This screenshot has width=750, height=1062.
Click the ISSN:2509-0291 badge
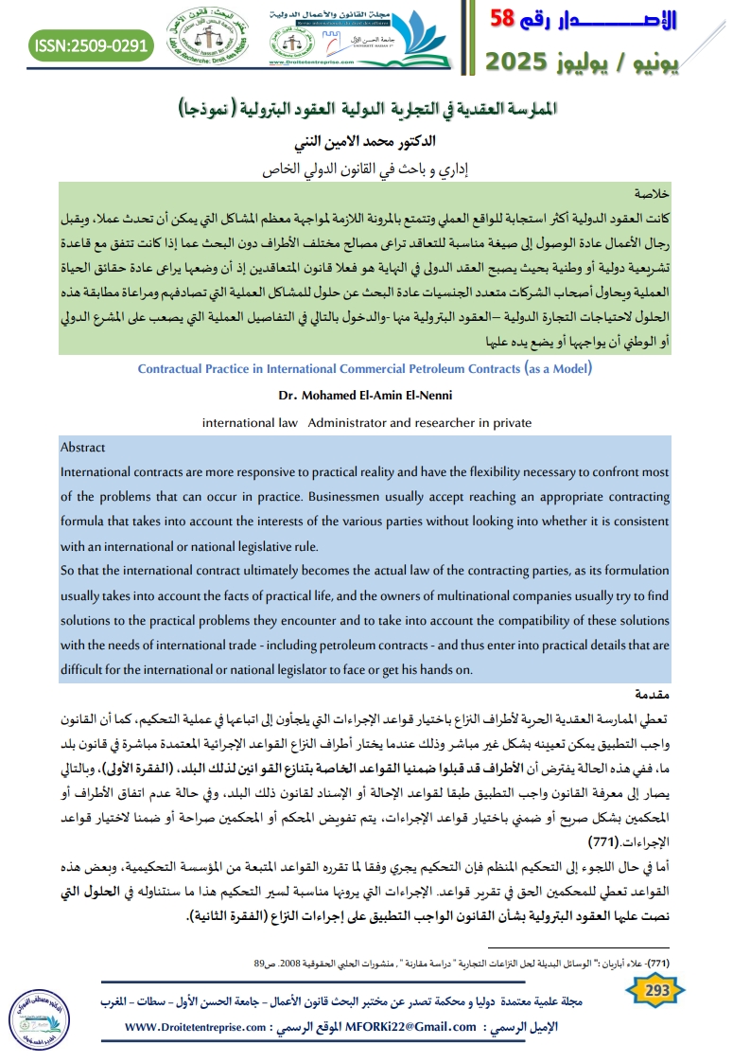click(93, 44)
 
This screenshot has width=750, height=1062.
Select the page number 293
click(656, 990)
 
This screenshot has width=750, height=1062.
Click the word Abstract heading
click(83, 448)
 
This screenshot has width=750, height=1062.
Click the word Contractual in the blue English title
click(174, 369)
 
